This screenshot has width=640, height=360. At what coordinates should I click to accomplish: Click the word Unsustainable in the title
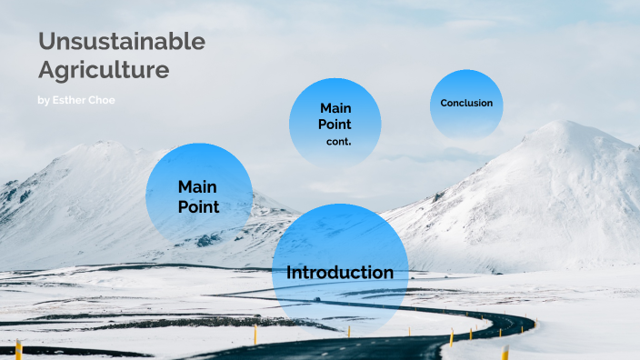point(122,42)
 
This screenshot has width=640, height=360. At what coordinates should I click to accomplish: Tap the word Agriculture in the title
point(104,69)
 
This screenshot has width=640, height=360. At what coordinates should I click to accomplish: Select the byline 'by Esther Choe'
point(76,100)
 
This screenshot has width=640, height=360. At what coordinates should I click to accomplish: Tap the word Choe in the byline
point(103,100)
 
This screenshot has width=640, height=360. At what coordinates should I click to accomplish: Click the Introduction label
point(340,273)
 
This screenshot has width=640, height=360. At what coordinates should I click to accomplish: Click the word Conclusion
point(466,103)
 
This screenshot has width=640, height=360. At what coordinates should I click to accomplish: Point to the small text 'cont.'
point(339,142)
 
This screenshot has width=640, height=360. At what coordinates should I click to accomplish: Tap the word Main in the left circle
point(197,186)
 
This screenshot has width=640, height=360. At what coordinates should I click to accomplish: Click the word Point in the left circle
point(198,206)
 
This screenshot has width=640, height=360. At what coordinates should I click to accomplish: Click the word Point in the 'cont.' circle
point(335,125)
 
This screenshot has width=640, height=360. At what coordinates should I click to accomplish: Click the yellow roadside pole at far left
point(18,349)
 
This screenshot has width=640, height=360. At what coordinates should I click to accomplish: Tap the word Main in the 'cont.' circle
point(335,108)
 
